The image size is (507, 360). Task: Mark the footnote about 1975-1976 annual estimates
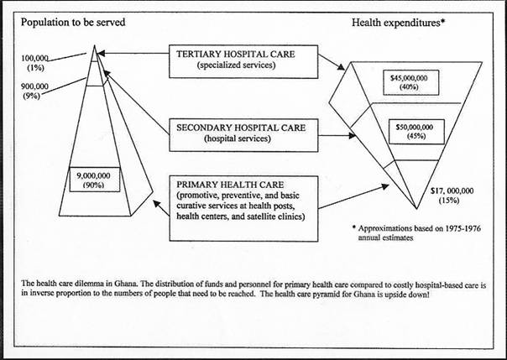(416, 232)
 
